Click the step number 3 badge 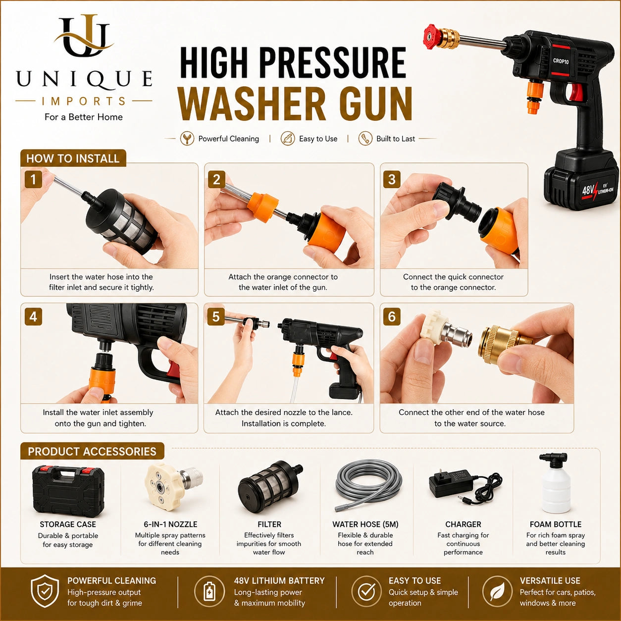click(392, 179)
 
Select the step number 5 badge click(216, 317)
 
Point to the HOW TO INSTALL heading click(73, 158)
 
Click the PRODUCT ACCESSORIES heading click(92, 452)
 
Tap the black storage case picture click(68, 491)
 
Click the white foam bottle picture click(555, 483)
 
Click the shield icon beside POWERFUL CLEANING click(45, 591)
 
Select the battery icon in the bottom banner click(209, 591)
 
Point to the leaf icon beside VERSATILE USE click(497, 591)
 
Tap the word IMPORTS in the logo click(84, 101)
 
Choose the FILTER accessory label click(269, 524)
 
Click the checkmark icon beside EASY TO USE click(367, 591)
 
